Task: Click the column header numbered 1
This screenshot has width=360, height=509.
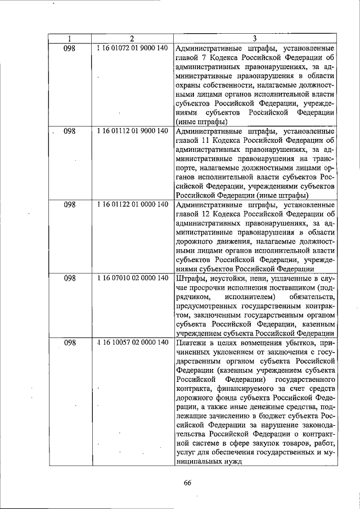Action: (69, 39)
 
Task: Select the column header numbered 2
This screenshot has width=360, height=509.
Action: (132, 39)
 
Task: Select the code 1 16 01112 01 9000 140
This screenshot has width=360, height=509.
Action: (132, 131)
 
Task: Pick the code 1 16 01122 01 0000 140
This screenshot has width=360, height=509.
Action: (132, 205)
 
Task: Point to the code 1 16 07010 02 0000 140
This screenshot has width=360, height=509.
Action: (132, 278)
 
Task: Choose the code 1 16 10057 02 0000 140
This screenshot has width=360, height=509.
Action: (132, 343)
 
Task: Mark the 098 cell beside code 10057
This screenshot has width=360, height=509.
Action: (69, 343)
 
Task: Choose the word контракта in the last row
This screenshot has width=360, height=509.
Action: (193, 389)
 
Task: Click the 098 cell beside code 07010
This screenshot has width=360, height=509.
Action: (69, 278)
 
